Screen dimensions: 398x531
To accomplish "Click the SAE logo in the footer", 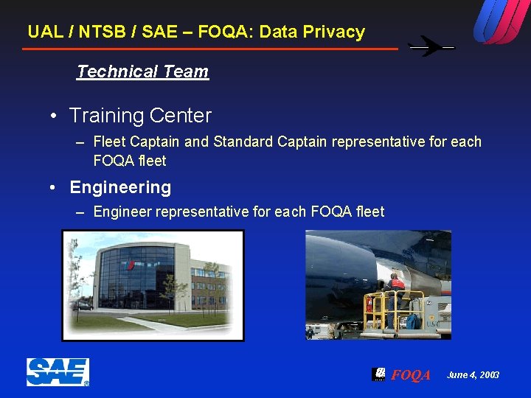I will (58, 372).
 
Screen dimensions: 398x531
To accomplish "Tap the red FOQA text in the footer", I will (411, 375).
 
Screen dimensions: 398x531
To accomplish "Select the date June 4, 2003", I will (473, 375).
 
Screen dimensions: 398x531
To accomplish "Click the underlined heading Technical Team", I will (142, 71).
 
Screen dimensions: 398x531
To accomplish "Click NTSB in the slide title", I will (101, 32).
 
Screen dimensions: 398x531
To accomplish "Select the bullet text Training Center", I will (140, 116).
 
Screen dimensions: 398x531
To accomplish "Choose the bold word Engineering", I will (120, 187).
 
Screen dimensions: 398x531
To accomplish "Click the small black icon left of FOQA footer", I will (379, 374).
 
